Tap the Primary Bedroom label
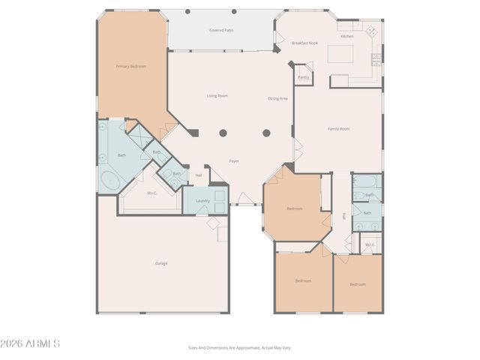(x=130, y=66)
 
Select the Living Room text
(x=217, y=96)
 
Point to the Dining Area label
(x=278, y=99)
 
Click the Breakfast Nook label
(x=304, y=43)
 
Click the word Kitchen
(x=347, y=36)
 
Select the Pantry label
(x=303, y=77)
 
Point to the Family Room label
(x=339, y=129)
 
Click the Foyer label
(x=234, y=161)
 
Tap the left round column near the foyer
(x=223, y=133)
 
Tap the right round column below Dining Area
(x=266, y=133)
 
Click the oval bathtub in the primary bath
(x=109, y=181)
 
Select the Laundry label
(x=202, y=201)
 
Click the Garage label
(x=161, y=263)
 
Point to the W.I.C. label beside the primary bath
(x=151, y=193)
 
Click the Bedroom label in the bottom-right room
(x=358, y=284)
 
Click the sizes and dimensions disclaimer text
(x=239, y=348)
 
